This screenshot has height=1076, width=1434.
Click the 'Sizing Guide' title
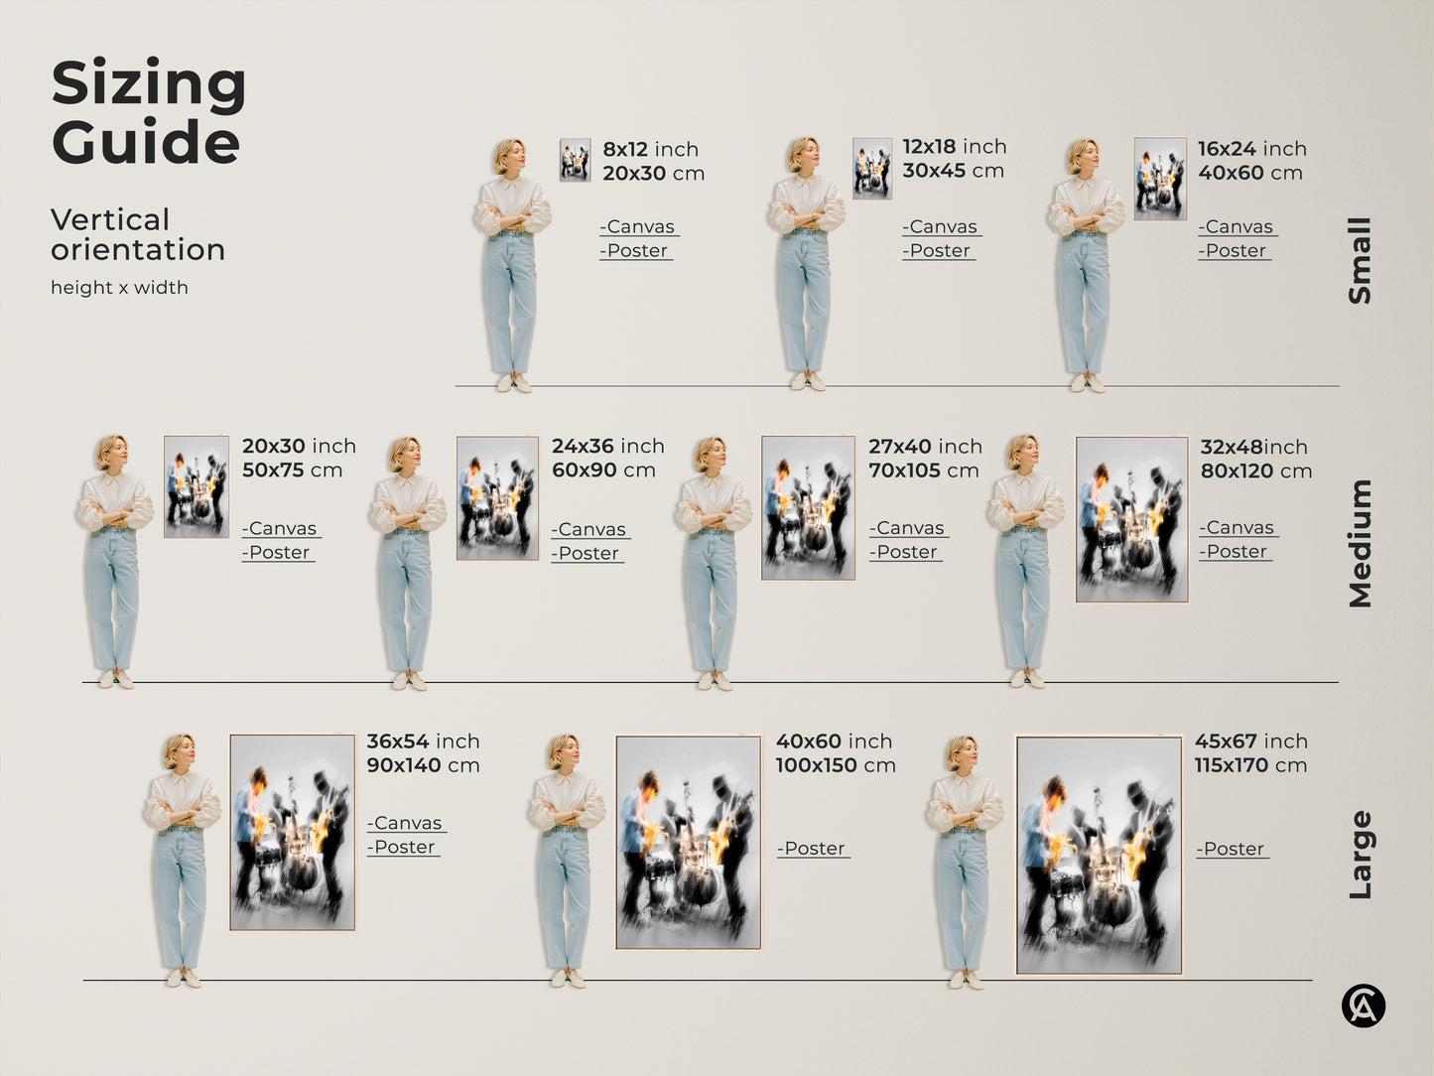(148, 112)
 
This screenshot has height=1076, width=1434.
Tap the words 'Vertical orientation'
(137, 234)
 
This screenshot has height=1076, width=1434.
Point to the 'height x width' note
(119, 288)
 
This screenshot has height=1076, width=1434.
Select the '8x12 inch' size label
(650, 150)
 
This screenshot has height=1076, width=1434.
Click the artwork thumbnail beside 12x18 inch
(871, 168)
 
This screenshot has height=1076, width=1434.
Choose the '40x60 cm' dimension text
(1249, 173)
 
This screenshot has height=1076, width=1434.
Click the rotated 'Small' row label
(1360, 260)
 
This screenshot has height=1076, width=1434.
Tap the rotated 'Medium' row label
(1360, 543)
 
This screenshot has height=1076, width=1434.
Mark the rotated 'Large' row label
(1360, 855)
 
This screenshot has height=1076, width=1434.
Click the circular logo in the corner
(1363, 1006)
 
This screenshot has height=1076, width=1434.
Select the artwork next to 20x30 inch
(196, 486)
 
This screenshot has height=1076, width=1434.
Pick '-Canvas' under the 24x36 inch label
(590, 530)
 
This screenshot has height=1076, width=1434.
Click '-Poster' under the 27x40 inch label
(905, 552)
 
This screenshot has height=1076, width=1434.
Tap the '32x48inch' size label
(1253, 448)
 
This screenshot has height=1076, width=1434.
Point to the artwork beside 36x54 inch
(292, 832)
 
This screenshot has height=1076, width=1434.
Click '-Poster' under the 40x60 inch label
(813, 849)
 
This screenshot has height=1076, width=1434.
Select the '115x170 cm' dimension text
(1250, 765)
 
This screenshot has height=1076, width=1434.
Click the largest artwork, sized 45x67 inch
(1099, 855)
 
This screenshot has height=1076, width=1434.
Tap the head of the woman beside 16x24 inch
(1084, 157)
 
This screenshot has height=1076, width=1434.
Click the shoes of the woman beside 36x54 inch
(184, 978)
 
